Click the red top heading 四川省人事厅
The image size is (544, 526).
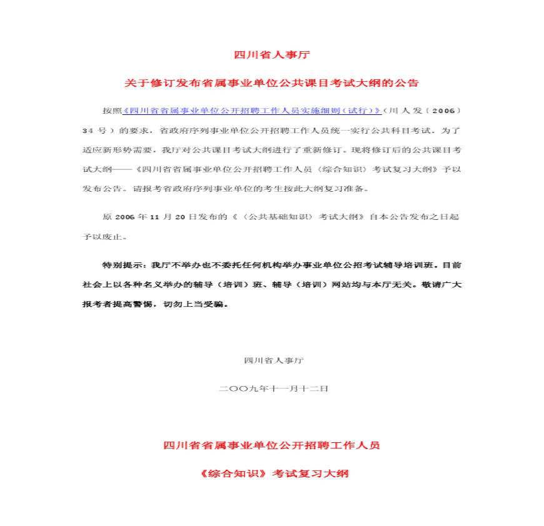[272, 55]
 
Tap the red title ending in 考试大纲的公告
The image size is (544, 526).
[272, 82]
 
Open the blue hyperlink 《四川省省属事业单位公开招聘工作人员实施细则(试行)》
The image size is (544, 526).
[251, 111]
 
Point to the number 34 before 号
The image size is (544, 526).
[88, 131]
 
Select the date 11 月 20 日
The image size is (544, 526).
[176, 217]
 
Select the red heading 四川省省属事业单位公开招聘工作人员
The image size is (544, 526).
[272, 445]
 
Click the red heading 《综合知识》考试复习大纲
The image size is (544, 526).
[272, 474]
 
